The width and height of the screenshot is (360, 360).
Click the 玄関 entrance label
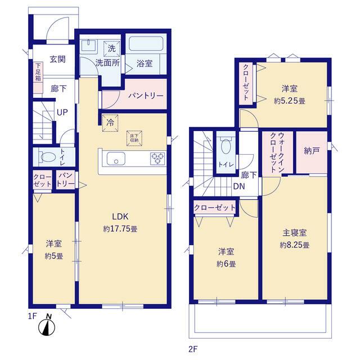(57, 59)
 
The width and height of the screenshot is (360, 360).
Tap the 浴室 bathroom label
(145, 64)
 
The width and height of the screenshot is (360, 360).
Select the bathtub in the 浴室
(146, 44)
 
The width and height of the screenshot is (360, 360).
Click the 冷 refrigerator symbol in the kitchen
(110, 123)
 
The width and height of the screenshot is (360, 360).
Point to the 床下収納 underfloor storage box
(134, 138)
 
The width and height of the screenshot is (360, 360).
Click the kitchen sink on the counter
(116, 159)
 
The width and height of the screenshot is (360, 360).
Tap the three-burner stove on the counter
(157, 159)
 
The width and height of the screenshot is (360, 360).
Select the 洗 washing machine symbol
(111, 49)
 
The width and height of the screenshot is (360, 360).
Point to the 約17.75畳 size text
(120, 229)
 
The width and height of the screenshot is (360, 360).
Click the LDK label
(120, 216)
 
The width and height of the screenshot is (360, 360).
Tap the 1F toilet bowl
(48, 157)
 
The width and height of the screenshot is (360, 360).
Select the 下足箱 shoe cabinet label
(38, 71)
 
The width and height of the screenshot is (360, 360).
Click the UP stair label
(62, 112)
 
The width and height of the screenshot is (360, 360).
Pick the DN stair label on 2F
(239, 186)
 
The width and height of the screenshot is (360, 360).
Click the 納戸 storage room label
(312, 151)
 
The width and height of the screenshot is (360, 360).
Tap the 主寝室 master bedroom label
(295, 233)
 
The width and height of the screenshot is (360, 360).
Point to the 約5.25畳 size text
(290, 101)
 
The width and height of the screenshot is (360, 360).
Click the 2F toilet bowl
(226, 146)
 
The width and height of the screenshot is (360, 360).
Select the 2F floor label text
(193, 349)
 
